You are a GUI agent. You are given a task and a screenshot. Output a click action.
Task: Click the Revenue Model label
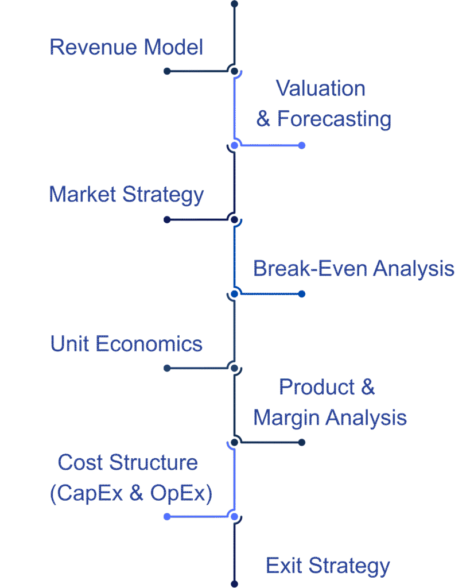(x=126, y=47)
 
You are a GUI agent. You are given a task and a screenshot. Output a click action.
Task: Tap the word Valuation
(x=320, y=88)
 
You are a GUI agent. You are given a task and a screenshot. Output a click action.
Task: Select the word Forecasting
(x=334, y=119)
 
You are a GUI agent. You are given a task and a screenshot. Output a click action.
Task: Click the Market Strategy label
(x=126, y=195)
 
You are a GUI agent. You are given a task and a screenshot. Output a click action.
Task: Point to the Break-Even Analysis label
(x=354, y=268)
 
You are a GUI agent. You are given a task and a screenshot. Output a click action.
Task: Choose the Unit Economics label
(x=126, y=344)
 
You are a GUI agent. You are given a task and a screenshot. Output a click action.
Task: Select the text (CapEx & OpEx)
(x=131, y=493)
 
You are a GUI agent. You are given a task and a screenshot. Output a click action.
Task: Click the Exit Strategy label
(x=328, y=566)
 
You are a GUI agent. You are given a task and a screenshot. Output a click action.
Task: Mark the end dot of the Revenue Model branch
(x=167, y=71)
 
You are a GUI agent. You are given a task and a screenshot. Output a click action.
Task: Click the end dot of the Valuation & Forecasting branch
(x=302, y=145)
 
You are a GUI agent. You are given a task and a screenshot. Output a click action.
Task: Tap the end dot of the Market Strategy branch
(x=167, y=219)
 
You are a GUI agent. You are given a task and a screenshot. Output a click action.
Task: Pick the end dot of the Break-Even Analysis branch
(x=302, y=294)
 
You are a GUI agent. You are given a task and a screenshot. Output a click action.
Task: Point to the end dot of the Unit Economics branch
(x=167, y=368)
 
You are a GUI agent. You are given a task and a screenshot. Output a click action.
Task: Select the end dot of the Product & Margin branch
(x=302, y=442)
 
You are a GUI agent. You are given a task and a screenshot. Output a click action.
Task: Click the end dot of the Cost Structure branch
(x=167, y=517)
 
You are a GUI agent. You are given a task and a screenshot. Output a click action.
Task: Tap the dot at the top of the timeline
(x=234, y=4)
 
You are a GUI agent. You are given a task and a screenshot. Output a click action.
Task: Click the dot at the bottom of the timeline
(x=234, y=584)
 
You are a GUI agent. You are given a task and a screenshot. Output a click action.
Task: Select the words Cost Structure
(x=128, y=462)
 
